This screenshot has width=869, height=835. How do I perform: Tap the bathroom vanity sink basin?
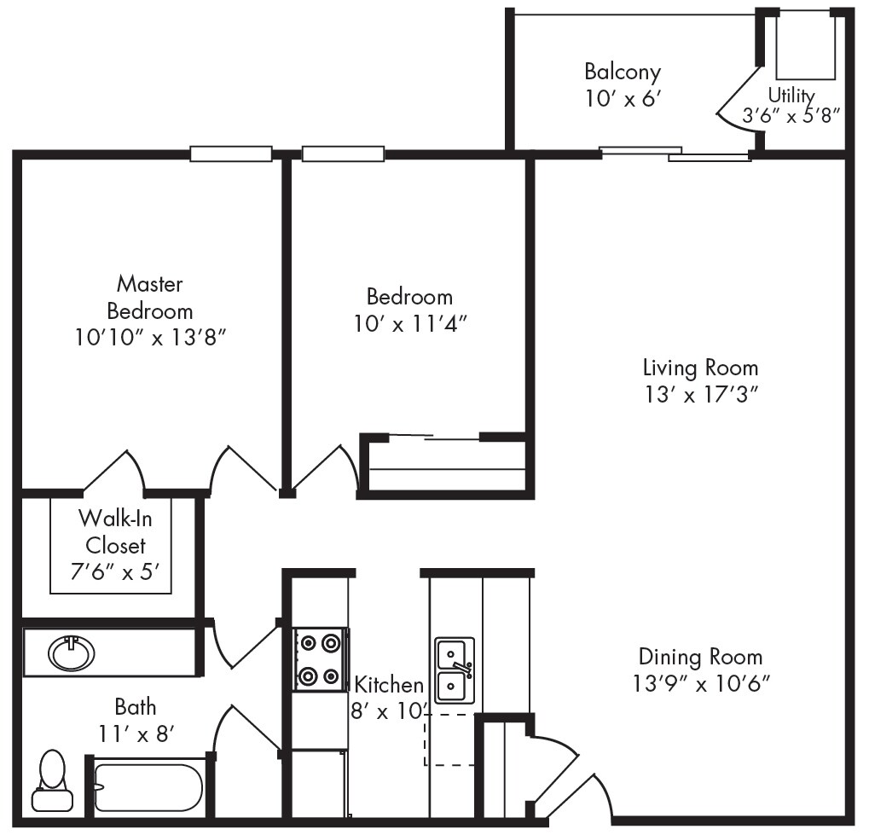click(x=72, y=654)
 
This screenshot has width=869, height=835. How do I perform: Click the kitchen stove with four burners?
click(x=319, y=658)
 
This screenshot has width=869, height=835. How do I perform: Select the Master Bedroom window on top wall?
click(x=230, y=154)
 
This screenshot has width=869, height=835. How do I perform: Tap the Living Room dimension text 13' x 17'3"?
click(x=700, y=395)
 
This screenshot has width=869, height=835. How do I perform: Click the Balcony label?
click(x=622, y=71)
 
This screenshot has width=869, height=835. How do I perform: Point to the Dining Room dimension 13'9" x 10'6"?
click(x=700, y=683)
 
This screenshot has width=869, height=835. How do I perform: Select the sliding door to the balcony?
click(x=675, y=154)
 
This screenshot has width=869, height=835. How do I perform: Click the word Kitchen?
click(x=389, y=684)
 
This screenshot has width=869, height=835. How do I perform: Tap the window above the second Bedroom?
click(x=344, y=154)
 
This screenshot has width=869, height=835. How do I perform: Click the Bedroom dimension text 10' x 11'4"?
click(x=409, y=324)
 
